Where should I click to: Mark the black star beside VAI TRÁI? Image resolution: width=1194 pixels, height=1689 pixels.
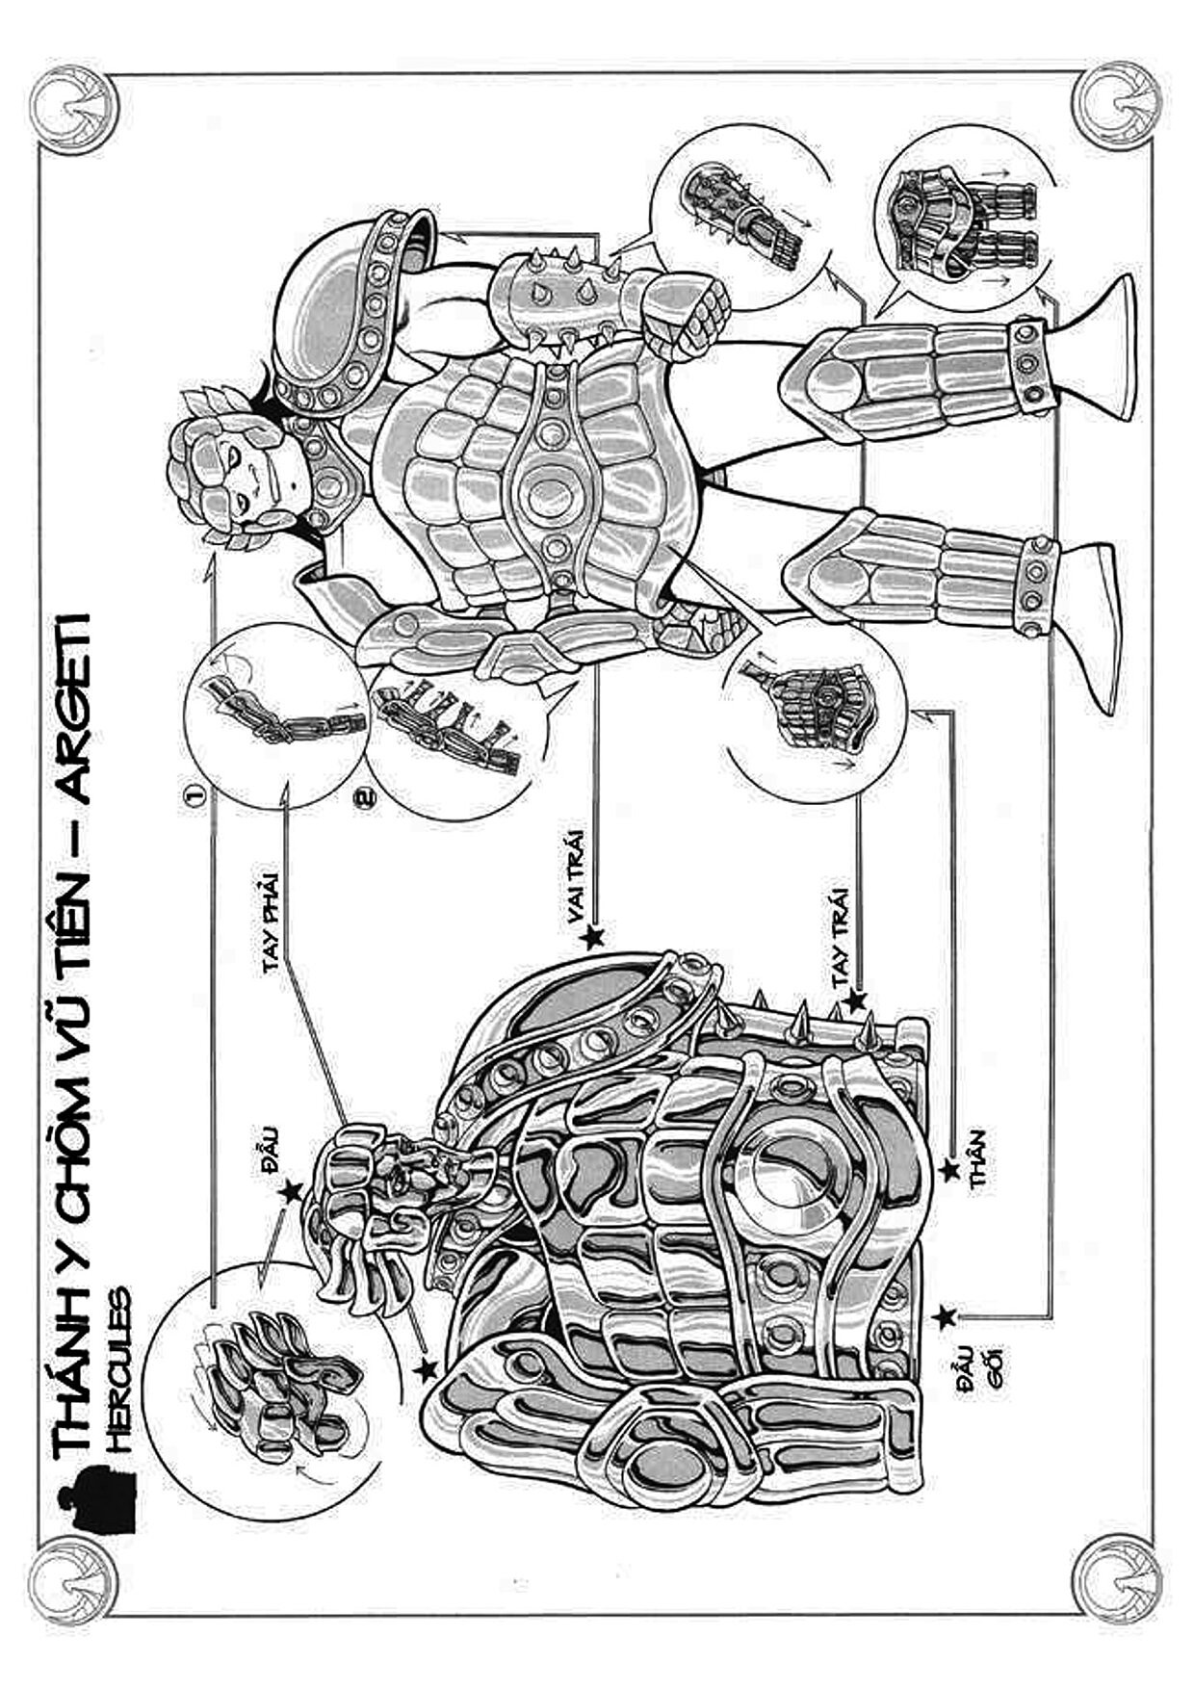coord(592,935)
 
